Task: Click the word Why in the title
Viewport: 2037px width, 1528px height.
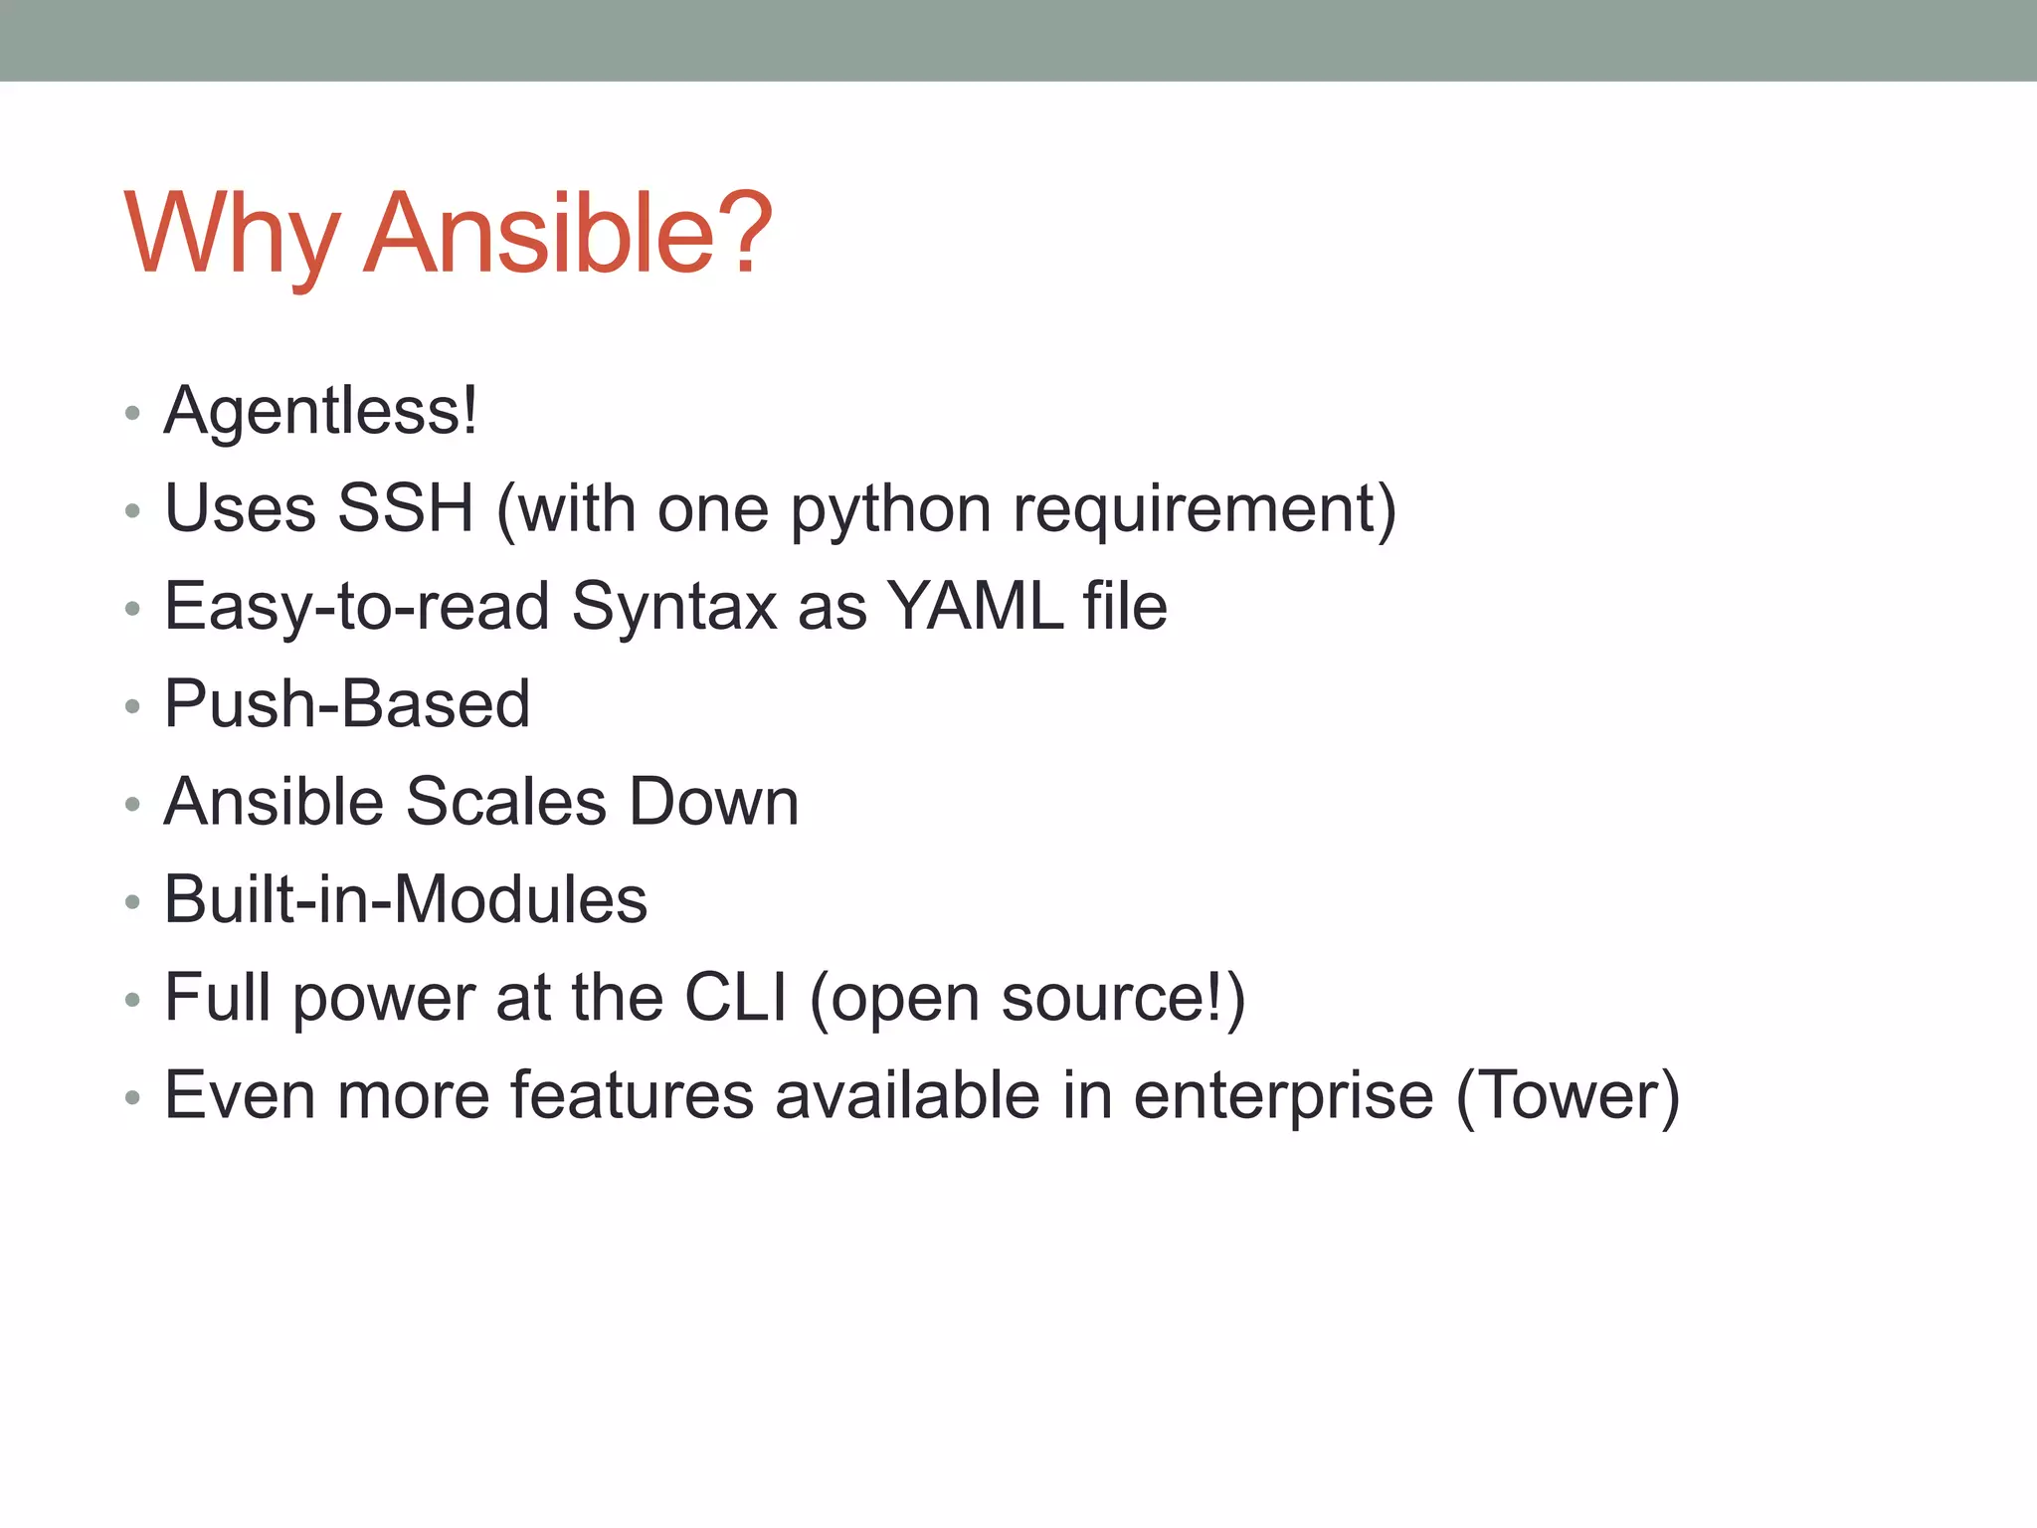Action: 231,234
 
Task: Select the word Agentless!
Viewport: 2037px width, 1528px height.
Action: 320,411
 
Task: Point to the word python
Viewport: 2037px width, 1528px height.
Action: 890,510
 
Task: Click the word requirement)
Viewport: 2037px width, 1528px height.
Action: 1204,510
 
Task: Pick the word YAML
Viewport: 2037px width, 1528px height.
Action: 975,606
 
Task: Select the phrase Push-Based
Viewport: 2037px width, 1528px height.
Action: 346,703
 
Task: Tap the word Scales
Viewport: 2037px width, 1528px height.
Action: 505,801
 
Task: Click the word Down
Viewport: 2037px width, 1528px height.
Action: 714,801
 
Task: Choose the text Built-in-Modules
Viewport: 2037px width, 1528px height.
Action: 406,898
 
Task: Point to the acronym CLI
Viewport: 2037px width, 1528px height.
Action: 736,997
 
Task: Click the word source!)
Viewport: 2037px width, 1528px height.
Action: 1123,998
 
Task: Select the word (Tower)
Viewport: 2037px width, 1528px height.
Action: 1568,1095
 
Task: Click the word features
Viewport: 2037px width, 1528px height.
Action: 633,1094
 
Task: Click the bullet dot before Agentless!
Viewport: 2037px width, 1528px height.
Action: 133,414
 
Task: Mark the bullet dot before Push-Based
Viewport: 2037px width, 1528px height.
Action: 133,706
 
